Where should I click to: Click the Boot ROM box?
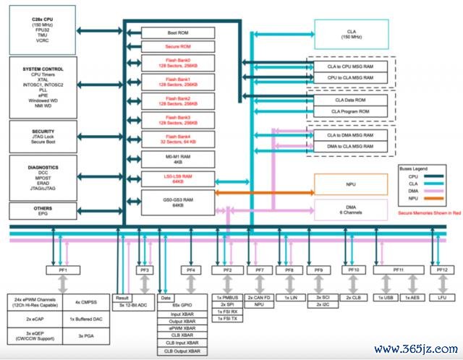tap(177, 33)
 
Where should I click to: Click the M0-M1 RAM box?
tap(177, 159)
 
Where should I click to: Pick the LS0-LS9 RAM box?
tap(177, 179)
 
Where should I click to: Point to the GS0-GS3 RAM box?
tap(177, 201)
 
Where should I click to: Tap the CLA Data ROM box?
tap(349, 100)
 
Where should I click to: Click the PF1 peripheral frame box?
tap(63, 270)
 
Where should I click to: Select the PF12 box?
tap(443, 270)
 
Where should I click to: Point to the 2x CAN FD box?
tap(258, 297)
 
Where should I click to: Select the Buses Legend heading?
tap(415, 167)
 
